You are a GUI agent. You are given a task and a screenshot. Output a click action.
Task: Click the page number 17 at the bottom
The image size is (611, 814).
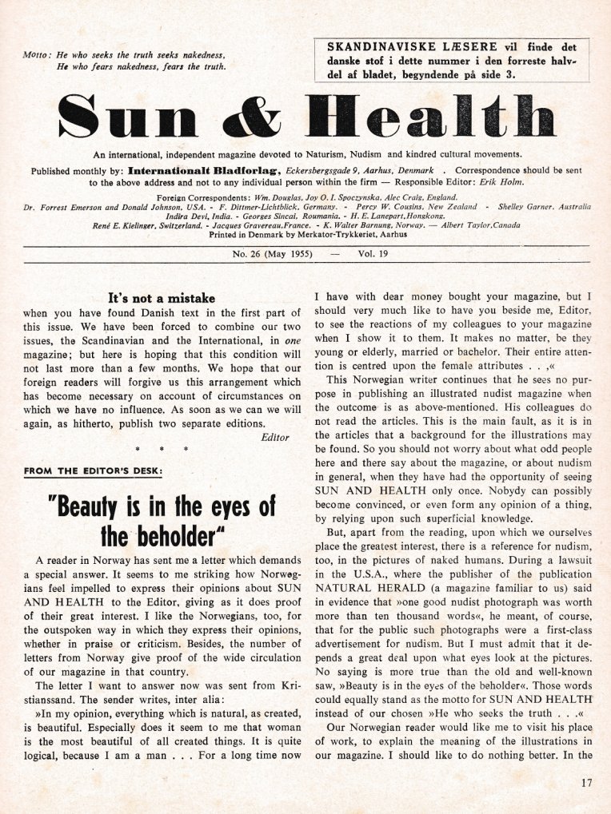coord(589,784)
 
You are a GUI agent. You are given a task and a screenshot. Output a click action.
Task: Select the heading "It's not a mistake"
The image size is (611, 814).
coord(162,299)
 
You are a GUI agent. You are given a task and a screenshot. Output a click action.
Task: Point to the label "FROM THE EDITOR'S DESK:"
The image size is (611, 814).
coord(93,472)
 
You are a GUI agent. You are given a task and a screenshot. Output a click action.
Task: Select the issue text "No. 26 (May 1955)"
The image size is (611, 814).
coord(272,253)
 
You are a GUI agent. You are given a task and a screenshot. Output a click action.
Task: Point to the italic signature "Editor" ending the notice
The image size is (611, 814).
coord(275,437)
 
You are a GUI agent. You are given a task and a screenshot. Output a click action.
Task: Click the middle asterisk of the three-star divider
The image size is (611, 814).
coord(161,451)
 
